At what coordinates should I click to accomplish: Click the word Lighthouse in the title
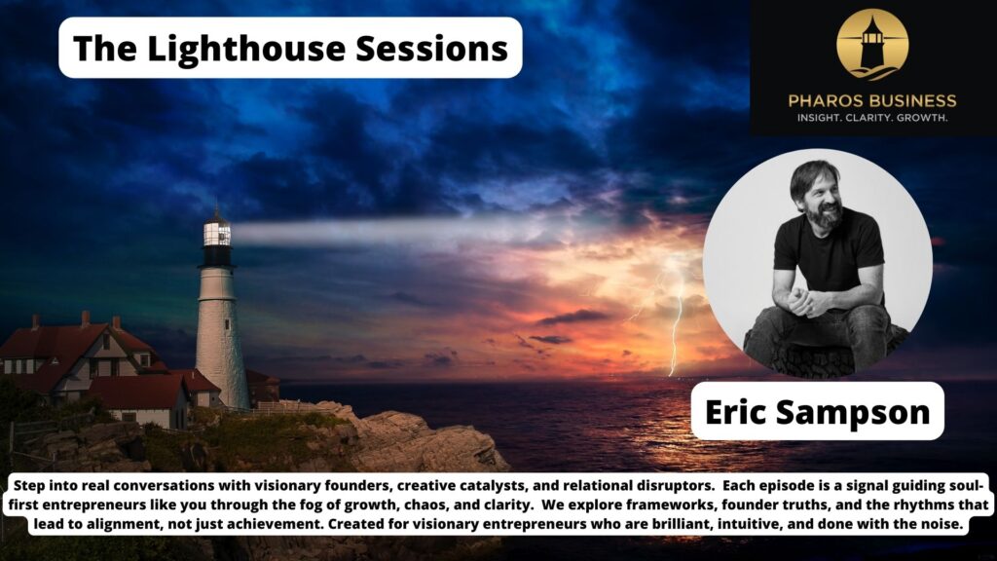coord(246,48)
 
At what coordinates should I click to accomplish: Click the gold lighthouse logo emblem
coord(872,44)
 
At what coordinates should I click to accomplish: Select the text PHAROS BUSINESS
coord(872,100)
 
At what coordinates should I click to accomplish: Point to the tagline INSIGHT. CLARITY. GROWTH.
coord(872,118)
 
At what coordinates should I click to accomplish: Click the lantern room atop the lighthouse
coord(217,234)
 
